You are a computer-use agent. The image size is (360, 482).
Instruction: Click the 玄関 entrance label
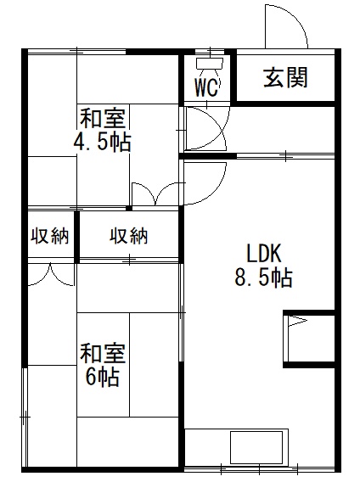(285, 77)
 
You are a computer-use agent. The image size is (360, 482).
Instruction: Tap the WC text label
(207, 87)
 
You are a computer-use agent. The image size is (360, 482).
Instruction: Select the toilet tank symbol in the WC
(210, 64)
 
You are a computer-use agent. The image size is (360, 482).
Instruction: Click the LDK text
(264, 253)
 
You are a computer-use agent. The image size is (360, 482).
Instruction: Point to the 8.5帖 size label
(263, 277)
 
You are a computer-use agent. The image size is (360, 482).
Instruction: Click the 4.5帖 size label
(102, 142)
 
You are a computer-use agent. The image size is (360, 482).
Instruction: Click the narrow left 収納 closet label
(50, 236)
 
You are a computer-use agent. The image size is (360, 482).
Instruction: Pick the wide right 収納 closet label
(129, 236)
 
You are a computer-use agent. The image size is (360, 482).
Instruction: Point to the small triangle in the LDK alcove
(297, 322)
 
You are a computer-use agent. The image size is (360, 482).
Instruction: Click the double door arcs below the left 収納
(51, 274)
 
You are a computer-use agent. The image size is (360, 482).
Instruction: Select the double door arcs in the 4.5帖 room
(155, 193)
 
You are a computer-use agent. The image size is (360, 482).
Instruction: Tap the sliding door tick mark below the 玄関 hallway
(285, 155)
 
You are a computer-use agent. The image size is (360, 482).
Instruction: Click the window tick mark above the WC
(211, 51)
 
